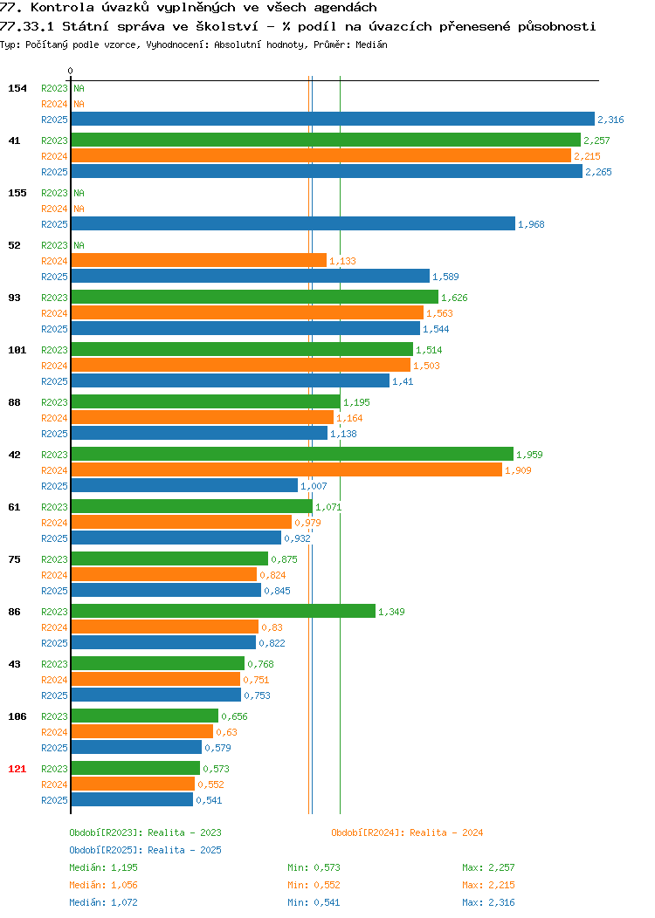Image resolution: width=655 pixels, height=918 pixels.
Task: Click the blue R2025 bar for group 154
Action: tap(333, 119)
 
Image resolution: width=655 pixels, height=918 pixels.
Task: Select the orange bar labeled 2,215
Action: tap(321, 155)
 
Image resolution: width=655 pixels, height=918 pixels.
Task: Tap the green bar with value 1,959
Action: tap(293, 455)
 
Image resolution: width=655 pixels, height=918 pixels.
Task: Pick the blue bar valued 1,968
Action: tap(293, 223)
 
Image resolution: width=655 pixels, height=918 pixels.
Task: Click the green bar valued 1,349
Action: tap(224, 611)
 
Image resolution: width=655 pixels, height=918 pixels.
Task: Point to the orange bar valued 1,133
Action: tap(199, 261)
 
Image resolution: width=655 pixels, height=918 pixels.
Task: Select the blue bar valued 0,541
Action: tap(132, 799)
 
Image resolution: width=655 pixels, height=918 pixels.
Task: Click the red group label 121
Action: tap(17, 769)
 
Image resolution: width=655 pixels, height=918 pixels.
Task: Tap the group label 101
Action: tap(17, 350)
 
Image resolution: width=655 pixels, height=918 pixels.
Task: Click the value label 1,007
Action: tap(314, 486)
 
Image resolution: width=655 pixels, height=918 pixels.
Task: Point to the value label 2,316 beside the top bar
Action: tap(610, 120)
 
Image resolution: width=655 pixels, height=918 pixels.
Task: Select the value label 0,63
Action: tap(227, 732)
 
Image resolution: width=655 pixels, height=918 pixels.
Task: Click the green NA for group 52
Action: tap(79, 245)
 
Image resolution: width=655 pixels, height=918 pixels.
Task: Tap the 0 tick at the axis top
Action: tap(71, 71)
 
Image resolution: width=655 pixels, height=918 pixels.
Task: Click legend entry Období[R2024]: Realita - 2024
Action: tap(407, 832)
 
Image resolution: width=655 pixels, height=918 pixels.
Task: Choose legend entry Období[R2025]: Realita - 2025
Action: tap(145, 850)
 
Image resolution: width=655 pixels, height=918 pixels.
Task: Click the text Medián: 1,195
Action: tap(104, 867)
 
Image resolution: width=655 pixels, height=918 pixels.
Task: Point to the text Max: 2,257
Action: tap(488, 867)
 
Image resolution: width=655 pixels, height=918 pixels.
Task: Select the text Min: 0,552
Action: tap(314, 885)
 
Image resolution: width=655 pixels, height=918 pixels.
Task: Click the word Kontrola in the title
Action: tap(62, 8)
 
